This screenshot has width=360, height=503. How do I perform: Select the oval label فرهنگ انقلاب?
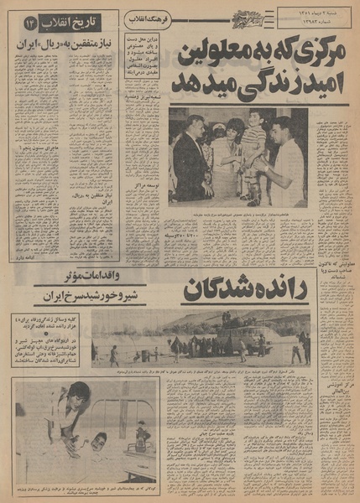coord(148,18)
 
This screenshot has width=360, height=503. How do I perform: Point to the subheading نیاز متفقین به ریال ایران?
coord(71,41)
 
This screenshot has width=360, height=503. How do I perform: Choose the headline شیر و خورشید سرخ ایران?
coord(80,298)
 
